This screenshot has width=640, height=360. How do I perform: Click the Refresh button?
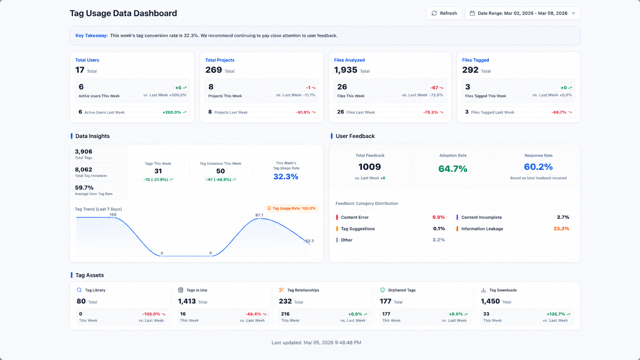444,13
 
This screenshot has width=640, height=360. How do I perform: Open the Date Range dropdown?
522,13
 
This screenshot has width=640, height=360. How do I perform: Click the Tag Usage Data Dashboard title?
123,13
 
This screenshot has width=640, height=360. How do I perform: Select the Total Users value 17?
80,70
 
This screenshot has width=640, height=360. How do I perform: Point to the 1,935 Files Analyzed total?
346,70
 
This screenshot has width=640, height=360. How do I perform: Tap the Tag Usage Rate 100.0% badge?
291,209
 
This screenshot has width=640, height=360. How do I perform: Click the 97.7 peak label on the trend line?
259,215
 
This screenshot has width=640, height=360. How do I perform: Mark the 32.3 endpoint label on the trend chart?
310,241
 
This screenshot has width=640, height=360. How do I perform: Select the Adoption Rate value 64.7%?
453,169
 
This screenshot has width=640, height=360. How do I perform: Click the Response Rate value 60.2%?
538,167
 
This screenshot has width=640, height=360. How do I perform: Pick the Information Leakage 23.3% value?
562,229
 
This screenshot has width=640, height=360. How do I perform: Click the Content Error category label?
354,217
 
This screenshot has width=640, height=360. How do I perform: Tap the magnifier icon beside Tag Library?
79,290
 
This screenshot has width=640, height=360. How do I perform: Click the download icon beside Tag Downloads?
483,290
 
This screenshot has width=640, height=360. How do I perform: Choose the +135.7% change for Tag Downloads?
556,314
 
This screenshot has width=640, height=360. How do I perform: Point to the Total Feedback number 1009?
370,167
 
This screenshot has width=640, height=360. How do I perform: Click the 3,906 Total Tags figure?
83,151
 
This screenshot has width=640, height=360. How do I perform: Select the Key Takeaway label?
91,36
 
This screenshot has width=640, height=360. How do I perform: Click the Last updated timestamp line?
316,342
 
